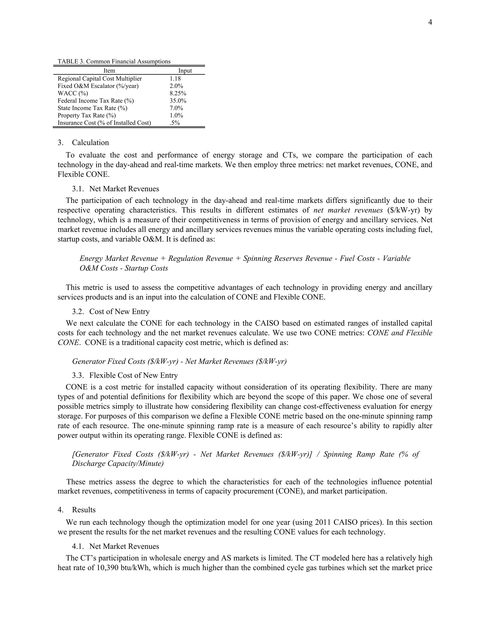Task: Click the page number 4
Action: pos(430,22)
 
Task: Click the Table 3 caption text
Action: pos(114,61)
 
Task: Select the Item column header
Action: pos(109,71)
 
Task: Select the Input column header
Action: pos(185,71)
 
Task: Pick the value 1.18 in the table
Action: pos(175,79)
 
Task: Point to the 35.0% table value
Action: pos(178,101)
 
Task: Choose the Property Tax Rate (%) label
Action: pos(87,115)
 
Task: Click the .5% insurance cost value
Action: pos(174,123)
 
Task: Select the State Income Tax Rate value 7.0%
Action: pos(176,108)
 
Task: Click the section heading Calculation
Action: pos(90,143)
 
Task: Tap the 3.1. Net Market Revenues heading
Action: pos(116,189)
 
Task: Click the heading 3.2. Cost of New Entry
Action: pos(111,312)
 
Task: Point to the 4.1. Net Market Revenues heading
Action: pos(116,546)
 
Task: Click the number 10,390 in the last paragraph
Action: pos(106,567)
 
